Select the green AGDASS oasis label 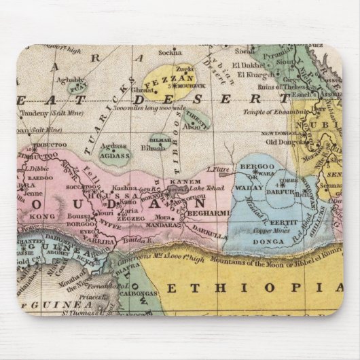click(114, 156)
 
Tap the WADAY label click(253, 183)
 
